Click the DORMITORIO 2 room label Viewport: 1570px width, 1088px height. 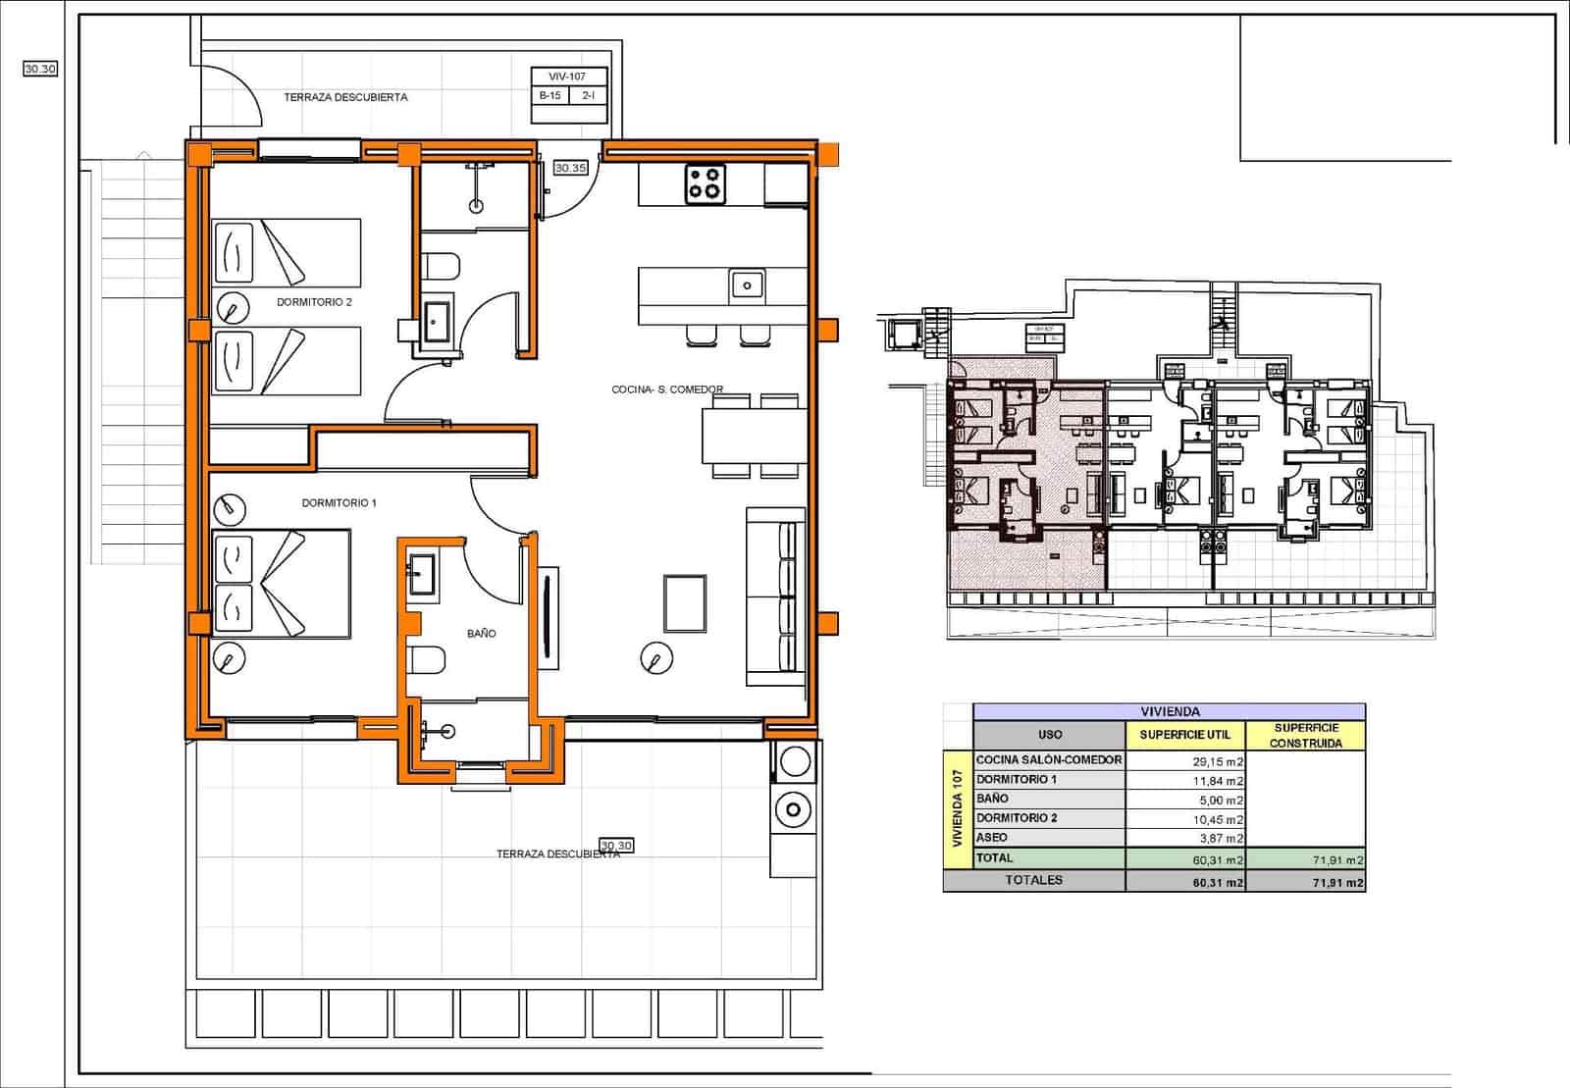tap(314, 302)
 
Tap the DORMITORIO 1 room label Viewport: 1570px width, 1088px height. tap(339, 503)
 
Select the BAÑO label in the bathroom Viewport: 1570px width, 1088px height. tap(481, 634)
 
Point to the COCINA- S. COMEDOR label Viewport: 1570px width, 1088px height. tap(667, 389)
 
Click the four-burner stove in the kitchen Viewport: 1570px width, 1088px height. tap(706, 183)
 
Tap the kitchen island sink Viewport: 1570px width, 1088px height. tap(747, 286)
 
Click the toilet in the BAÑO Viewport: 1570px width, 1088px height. tap(427, 659)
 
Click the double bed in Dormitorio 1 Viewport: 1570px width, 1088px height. tap(282, 584)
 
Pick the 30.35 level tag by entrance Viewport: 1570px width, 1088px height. tap(570, 168)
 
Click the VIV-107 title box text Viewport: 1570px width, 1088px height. tap(567, 77)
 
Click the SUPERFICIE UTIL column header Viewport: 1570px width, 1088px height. tap(1184, 735)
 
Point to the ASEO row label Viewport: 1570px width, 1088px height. tap(992, 838)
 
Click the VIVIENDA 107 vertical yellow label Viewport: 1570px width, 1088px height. tap(958, 809)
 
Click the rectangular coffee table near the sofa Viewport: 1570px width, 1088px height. tap(685, 603)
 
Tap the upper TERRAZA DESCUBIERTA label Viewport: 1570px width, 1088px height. tap(345, 97)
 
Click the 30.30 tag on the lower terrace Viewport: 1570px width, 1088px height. tap(616, 845)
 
